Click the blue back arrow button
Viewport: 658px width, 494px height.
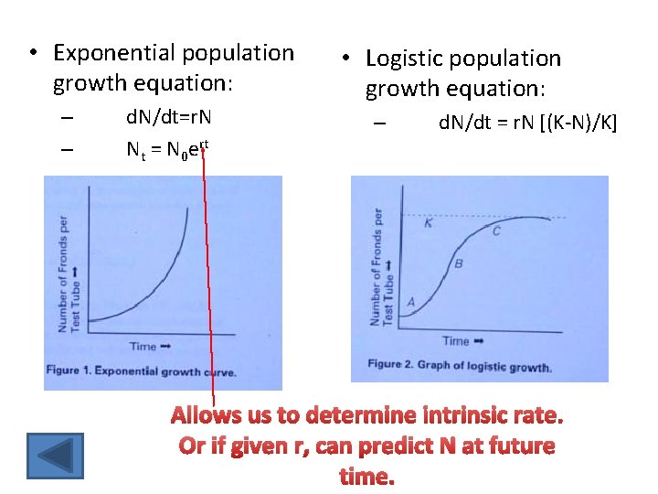[55, 456]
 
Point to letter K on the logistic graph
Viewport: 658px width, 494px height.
[430, 223]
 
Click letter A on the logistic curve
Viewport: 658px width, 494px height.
[410, 301]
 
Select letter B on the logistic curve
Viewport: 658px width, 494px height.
[459, 263]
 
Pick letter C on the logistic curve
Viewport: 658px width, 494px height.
[496, 231]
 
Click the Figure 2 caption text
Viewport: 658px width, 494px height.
[459, 366]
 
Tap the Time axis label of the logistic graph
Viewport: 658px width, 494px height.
[461, 340]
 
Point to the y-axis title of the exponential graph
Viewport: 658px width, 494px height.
[69, 274]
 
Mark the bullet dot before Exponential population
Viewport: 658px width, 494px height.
[34, 53]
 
